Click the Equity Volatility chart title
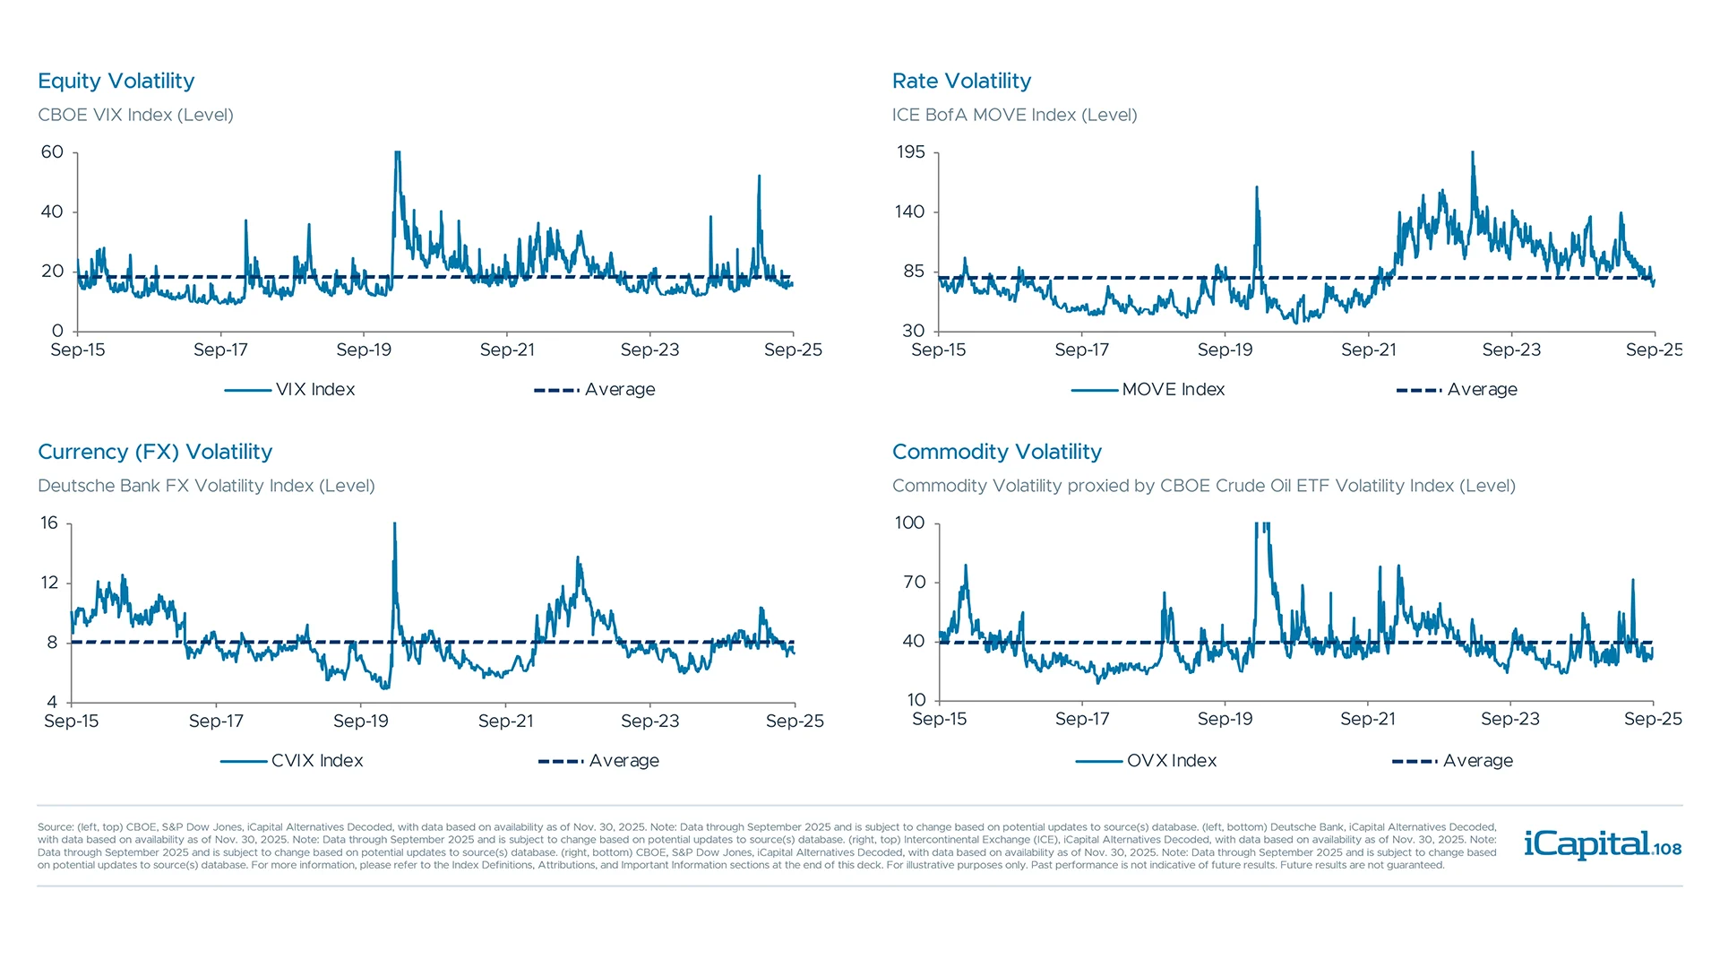116,81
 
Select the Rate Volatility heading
961,81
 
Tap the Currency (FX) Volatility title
155,452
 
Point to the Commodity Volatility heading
996,452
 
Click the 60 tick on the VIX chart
52,152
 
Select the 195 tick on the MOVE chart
910,152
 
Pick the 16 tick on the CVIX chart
49,523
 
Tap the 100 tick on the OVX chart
909,523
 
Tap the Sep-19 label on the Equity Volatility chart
364,350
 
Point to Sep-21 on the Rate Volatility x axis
1368,350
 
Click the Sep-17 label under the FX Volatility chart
216,722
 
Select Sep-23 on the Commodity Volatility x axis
1509,720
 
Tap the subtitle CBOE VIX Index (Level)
135,115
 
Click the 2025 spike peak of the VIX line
759,177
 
